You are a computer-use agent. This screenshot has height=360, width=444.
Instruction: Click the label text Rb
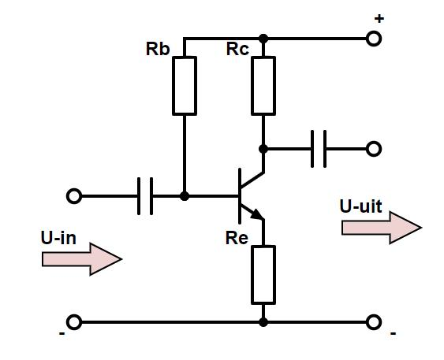click(158, 49)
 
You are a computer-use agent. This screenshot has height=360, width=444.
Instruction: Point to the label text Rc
click(237, 49)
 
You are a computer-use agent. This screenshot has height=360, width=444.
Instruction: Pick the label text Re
click(237, 238)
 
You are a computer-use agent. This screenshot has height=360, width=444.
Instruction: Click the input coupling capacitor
click(145, 196)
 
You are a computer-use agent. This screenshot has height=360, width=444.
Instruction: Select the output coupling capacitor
click(319, 149)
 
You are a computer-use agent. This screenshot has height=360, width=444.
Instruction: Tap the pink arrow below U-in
click(82, 258)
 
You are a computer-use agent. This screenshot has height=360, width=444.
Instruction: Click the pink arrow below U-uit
click(382, 228)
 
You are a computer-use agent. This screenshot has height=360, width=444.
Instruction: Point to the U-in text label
click(58, 238)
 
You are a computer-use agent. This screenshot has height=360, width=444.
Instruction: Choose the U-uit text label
click(360, 206)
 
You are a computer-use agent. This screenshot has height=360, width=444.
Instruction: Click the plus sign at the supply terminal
click(379, 19)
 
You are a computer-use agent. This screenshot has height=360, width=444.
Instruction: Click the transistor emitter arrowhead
click(257, 214)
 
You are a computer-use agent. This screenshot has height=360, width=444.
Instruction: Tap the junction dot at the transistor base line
click(185, 196)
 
